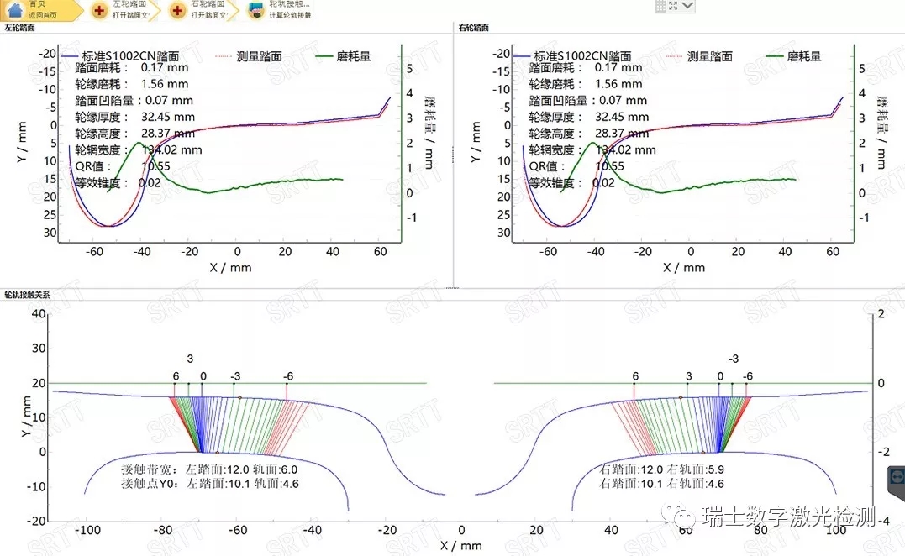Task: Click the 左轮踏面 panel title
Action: click(x=19, y=28)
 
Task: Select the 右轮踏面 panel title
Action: click(x=474, y=28)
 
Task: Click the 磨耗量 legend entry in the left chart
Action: click(x=353, y=56)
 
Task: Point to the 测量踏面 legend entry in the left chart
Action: click(x=259, y=56)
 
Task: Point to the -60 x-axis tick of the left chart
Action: click(x=94, y=251)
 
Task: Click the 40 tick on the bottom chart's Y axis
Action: click(x=37, y=313)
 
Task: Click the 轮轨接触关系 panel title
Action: click(x=26, y=296)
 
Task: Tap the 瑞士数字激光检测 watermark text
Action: click(x=790, y=515)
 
